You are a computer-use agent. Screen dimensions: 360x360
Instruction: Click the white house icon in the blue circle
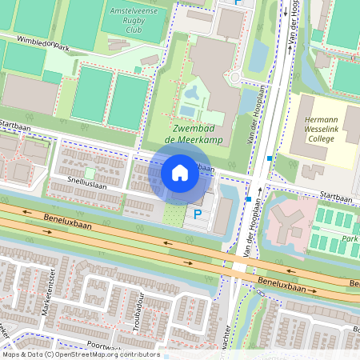pos(180,173)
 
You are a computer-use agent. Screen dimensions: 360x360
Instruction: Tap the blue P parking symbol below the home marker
pos(197,214)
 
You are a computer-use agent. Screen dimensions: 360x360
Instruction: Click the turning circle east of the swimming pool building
pos(236,78)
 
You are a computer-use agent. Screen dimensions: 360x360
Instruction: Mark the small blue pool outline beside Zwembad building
pos(187,111)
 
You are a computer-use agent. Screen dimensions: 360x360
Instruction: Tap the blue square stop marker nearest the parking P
pos(250,198)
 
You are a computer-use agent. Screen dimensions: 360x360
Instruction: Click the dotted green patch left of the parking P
pos(174,214)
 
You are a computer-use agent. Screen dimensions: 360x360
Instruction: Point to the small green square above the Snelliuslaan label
pos(90,172)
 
